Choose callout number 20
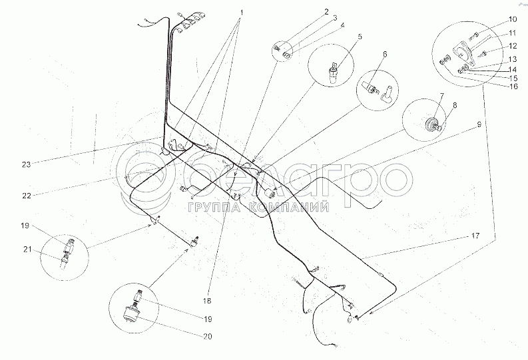pos(207,337)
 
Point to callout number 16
pos(494,87)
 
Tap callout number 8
pos(455,104)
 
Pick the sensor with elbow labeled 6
pos(377,89)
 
